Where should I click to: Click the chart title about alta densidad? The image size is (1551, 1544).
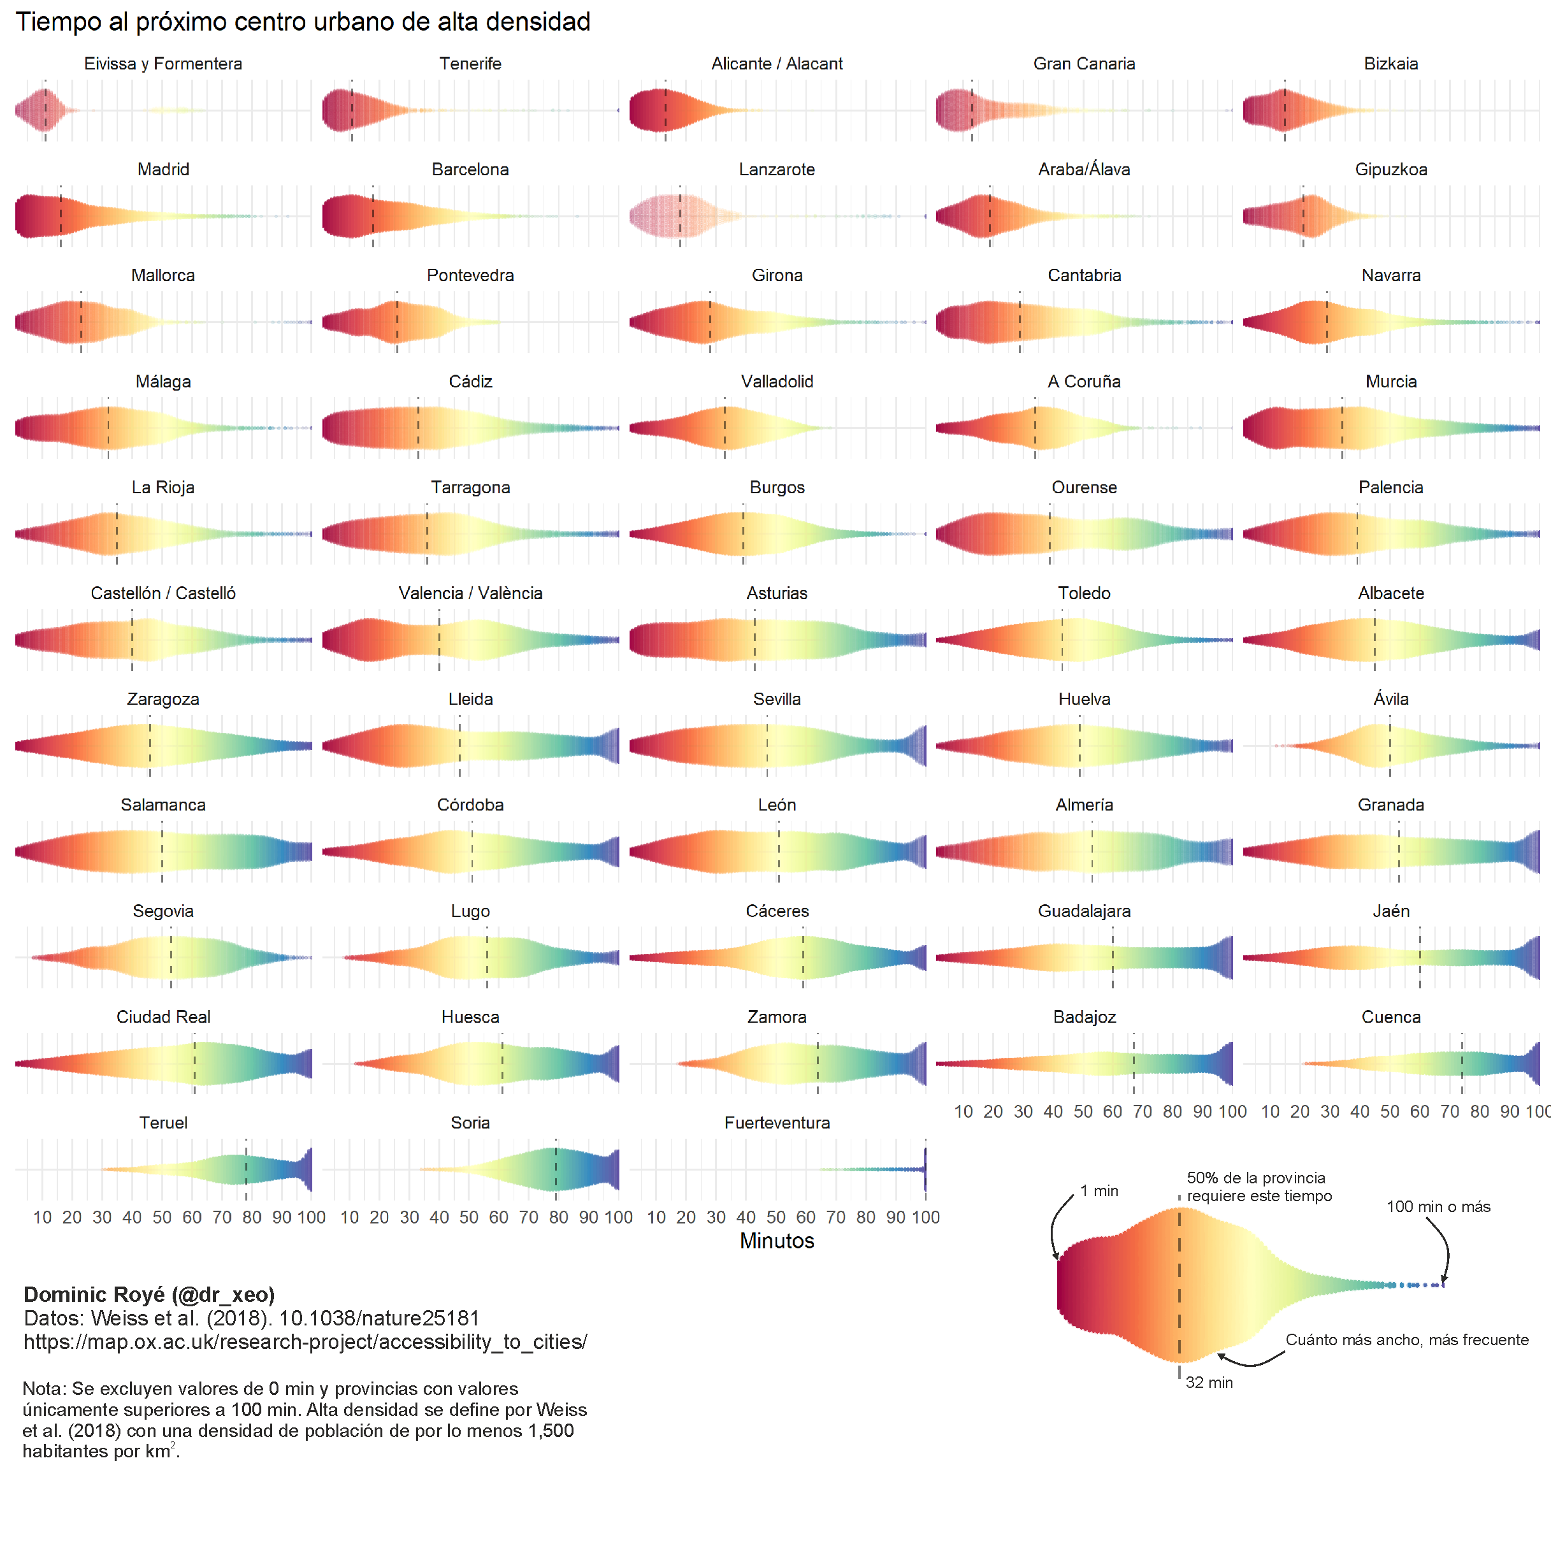(x=303, y=22)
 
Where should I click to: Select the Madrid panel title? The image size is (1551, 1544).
(x=163, y=170)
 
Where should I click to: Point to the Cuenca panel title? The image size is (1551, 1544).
(x=1390, y=1016)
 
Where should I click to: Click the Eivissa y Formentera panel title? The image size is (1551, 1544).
(x=163, y=64)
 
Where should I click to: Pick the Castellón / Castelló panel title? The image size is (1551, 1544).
(x=163, y=593)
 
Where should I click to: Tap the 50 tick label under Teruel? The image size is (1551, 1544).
(x=162, y=1217)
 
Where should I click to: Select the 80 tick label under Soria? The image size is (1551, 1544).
(x=559, y=1217)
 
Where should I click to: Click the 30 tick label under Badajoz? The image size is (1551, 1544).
(x=1023, y=1111)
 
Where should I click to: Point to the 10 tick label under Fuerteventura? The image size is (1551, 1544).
(x=656, y=1217)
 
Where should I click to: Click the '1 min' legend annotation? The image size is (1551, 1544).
(x=1099, y=1191)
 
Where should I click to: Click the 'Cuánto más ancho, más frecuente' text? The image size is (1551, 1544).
(x=1406, y=1340)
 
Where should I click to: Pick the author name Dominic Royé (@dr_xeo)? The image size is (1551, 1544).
(x=149, y=1294)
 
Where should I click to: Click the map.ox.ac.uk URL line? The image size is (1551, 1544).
(x=305, y=1341)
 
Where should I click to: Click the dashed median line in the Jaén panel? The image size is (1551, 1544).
(x=1419, y=957)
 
